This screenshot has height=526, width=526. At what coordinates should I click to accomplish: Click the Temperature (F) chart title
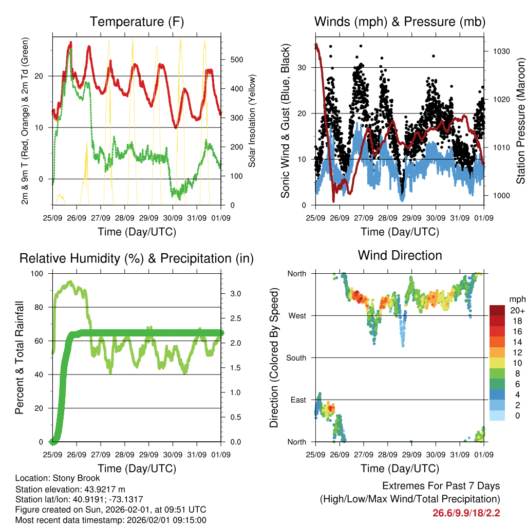(137, 22)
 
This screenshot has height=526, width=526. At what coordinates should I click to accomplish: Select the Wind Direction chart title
(400, 255)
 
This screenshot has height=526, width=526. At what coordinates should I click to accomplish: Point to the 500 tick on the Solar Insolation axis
(236, 60)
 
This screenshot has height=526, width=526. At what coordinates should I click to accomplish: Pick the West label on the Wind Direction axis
(297, 316)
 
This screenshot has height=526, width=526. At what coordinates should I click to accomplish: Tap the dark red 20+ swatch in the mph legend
(497, 311)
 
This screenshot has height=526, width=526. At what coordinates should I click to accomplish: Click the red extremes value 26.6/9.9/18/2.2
(466, 513)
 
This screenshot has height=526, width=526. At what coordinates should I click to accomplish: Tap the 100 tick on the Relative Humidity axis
(38, 274)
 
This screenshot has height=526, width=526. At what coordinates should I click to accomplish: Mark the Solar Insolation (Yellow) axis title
(252, 121)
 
